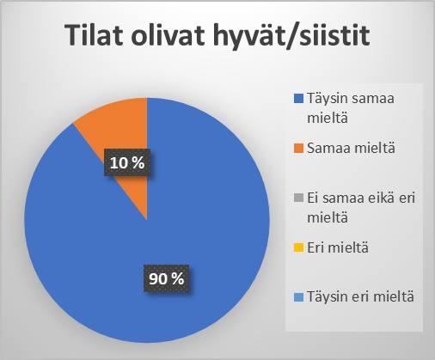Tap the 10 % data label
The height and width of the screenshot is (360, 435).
tap(127, 162)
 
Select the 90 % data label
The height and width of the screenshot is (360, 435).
tap(166, 278)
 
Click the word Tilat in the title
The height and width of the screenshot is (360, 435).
tap(94, 35)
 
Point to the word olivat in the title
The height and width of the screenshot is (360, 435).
tap(168, 35)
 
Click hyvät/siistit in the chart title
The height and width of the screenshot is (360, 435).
tap(291, 37)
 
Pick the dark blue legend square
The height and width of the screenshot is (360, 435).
tap(298, 99)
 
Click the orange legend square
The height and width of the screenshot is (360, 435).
tap(298, 149)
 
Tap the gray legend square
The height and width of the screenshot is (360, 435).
tap(298, 198)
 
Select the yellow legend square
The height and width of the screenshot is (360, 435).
tap(298, 247)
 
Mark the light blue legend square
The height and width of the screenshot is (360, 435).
tap(298, 297)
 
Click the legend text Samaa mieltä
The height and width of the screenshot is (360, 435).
tap(351, 148)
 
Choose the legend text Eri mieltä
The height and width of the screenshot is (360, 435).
tap(338, 247)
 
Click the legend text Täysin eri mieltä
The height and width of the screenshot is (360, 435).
tap(360, 297)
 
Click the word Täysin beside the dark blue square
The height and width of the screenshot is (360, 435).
tap(328, 99)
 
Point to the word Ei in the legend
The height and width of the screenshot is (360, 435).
tap(313, 198)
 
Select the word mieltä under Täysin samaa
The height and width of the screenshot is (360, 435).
tap(328, 118)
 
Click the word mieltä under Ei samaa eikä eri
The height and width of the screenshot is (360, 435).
tap(328, 217)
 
